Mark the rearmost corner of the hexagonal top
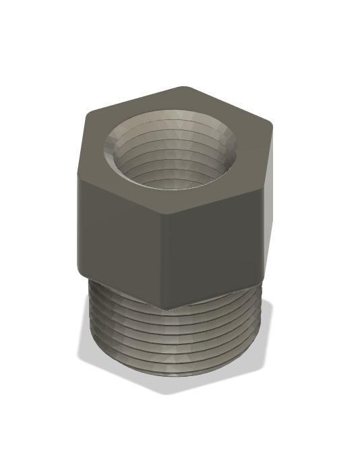click(x=186, y=87)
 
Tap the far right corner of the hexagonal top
click(x=272, y=125)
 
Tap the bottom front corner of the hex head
click(x=166, y=309)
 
